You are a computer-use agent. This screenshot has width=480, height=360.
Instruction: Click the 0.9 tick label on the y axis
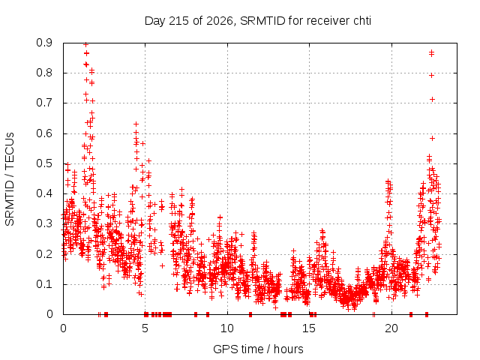coord(44,43)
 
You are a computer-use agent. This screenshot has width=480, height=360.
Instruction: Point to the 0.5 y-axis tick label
coord(44,163)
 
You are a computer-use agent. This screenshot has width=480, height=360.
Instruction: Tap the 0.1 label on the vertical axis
coord(44,284)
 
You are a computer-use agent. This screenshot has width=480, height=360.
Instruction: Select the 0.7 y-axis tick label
coord(44,103)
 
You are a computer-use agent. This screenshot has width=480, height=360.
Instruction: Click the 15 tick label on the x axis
coord(309,328)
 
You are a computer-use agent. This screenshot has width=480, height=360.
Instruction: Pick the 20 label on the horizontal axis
coord(391,328)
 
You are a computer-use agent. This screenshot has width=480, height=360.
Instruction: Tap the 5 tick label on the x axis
coord(145,328)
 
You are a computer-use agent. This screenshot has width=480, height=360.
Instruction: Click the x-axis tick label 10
coord(226,328)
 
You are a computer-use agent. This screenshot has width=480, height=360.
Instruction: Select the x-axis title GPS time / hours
coord(258,349)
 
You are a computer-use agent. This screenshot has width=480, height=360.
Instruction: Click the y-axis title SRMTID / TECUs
coord(10,179)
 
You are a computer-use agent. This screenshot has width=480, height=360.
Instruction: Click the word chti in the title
coord(362,21)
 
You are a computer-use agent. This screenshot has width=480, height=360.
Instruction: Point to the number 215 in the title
coord(179,21)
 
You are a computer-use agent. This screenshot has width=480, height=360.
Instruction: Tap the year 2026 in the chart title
coord(220,21)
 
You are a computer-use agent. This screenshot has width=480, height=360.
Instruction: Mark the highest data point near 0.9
coord(86,45)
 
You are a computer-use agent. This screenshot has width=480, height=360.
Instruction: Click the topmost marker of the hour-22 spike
coord(431,52)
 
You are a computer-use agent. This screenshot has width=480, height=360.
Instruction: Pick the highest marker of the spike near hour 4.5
coord(136,124)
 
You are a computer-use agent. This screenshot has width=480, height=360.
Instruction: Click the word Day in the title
coord(154,21)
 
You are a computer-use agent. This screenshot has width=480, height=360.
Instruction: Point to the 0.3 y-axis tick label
coord(44,223)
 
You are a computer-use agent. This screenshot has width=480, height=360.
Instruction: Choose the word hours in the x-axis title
coord(288,349)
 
